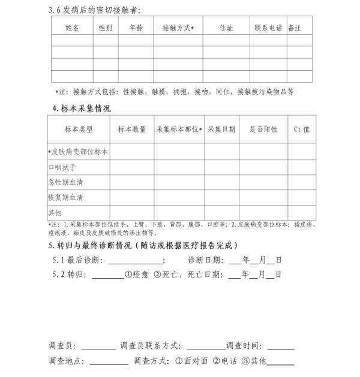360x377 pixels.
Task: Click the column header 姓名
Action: (x=72, y=28)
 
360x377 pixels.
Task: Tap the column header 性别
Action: (x=105, y=28)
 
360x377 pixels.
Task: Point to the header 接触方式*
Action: (x=178, y=28)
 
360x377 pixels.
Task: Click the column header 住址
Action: (x=226, y=28)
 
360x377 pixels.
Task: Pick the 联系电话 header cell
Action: (x=268, y=28)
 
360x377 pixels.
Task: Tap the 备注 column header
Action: (x=295, y=28)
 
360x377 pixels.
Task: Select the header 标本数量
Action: (x=132, y=129)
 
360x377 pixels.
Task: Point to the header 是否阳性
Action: (x=263, y=129)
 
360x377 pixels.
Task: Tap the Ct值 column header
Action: (x=301, y=129)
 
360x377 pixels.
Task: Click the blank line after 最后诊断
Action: (x=134, y=261)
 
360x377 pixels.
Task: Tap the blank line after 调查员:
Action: (x=98, y=346)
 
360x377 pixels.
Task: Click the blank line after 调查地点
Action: (x=109, y=362)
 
